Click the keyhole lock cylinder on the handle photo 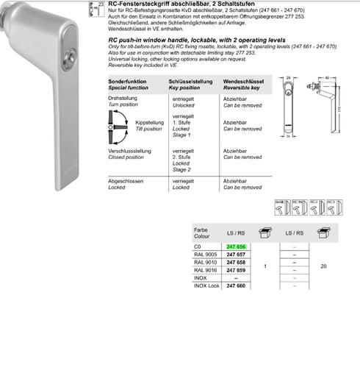[68, 57]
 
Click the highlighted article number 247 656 [236, 246]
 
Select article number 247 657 [236, 255]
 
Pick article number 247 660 [236, 285]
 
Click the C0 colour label [197, 246]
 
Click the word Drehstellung [123, 97]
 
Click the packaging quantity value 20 [324, 266]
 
